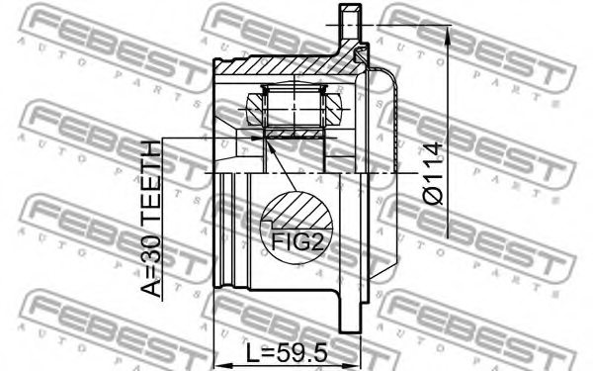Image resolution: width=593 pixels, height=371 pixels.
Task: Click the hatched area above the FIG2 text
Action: (x=296, y=211)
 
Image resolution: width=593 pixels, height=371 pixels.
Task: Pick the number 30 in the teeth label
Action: (x=151, y=252)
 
